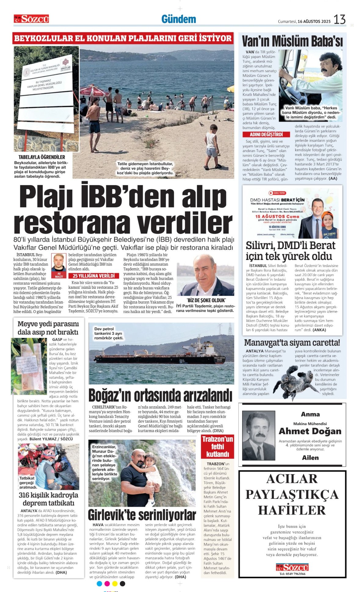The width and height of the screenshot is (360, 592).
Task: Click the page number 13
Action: tap(340, 20)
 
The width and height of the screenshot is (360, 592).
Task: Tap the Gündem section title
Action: tap(179, 19)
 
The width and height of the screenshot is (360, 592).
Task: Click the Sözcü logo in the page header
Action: tap(31, 19)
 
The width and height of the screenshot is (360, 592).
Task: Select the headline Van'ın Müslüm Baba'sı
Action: tap(292, 41)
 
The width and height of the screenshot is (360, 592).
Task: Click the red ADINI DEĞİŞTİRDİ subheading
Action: tap(262, 134)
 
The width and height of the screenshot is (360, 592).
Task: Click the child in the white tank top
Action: tap(212, 147)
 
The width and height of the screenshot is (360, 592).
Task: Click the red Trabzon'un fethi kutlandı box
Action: tap(217, 447)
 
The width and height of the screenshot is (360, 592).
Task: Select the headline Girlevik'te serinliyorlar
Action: tap(142, 515)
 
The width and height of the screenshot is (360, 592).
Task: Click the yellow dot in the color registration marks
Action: tap(115, 584)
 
